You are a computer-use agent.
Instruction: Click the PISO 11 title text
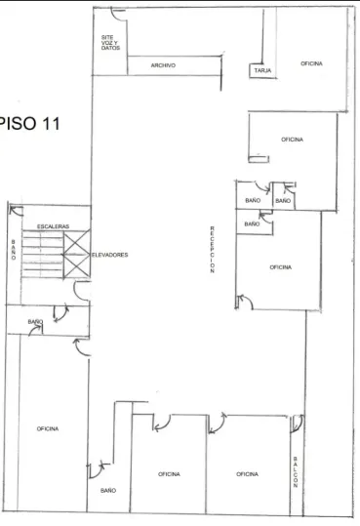click(x=29, y=123)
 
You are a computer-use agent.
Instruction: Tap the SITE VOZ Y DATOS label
click(x=110, y=43)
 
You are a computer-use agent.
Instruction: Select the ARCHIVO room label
click(x=163, y=65)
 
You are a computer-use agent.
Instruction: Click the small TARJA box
click(x=262, y=71)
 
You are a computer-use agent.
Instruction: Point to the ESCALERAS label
click(x=53, y=226)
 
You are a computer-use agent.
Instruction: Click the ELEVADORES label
click(x=110, y=255)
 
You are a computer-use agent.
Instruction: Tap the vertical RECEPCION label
click(x=212, y=249)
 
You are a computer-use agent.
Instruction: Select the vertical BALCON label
click(x=296, y=471)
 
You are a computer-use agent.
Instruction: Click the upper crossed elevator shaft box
click(x=77, y=243)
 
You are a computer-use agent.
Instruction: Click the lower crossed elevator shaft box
click(x=77, y=266)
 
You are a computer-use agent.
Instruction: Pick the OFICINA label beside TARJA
click(x=311, y=63)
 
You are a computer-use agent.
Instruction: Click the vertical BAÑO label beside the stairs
click(x=14, y=250)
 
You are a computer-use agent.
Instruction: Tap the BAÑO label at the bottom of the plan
click(x=108, y=491)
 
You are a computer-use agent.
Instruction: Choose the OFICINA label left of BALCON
click(x=247, y=474)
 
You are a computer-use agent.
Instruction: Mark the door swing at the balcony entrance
click(x=298, y=423)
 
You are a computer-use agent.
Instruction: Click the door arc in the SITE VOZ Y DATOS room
click(x=119, y=16)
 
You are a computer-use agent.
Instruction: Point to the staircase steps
click(x=42, y=254)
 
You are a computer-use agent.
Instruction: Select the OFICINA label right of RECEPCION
click(x=280, y=267)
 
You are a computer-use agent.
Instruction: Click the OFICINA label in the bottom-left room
click(x=48, y=428)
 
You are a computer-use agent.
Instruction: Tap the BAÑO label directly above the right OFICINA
click(x=252, y=223)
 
